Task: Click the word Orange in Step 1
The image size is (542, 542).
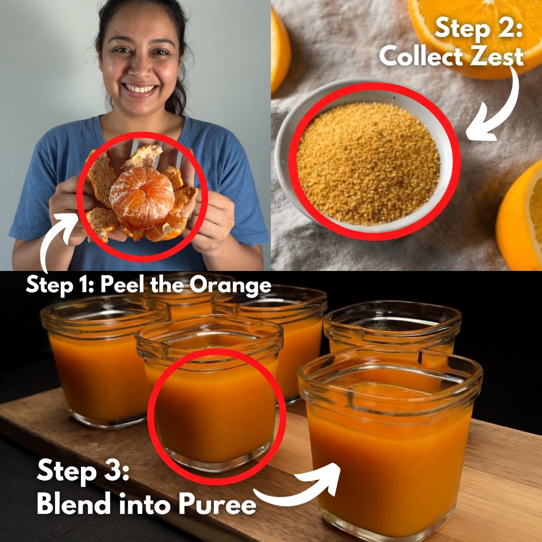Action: click(230, 285)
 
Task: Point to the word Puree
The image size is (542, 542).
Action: click(217, 504)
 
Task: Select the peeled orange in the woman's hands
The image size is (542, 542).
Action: click(142, 196)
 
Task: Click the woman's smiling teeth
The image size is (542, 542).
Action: click(140, 89)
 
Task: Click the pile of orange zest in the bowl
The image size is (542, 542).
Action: click(368, 162)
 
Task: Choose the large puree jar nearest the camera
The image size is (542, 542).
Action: click(390, 442)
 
